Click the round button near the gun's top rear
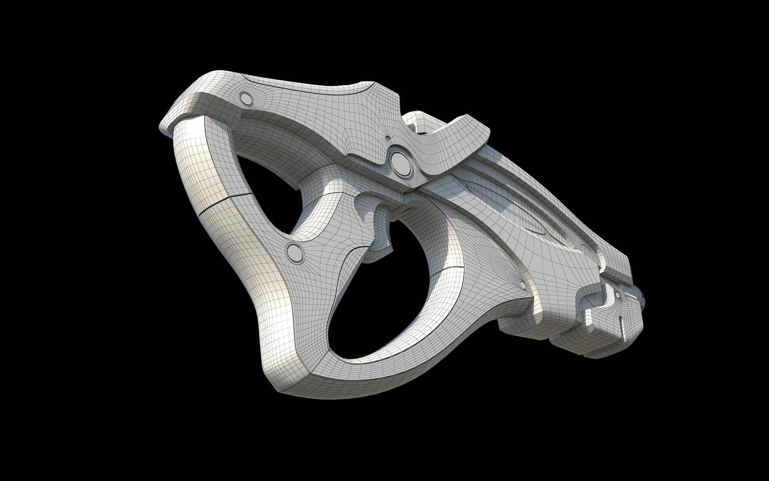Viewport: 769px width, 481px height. (245, 98)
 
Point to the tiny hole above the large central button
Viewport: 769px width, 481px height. (388, 138)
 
